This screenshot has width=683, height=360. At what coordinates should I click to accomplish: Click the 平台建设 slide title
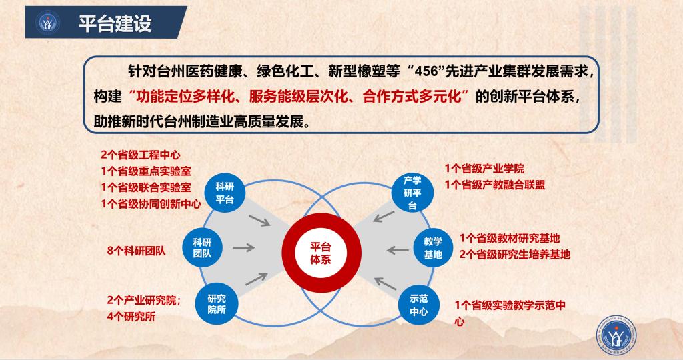[x=115, y=23]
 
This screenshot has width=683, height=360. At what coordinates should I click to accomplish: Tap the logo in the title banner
[x=48, y=23]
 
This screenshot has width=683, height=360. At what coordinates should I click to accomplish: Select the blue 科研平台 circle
[x=225, y=193]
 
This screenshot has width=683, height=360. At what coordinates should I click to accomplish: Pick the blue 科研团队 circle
[x=202, y=247]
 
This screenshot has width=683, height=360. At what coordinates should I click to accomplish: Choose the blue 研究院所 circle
[x=217, y=304]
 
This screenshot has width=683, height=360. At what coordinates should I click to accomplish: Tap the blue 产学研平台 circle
[x=412, y=193]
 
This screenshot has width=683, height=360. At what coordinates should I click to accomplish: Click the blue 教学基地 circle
[x=433, y=248]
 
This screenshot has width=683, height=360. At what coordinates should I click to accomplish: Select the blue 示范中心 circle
[x=419, y=305]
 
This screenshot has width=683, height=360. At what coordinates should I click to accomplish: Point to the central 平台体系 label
[x=321, y=253]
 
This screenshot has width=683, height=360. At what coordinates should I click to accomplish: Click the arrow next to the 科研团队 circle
[x=244, y=248]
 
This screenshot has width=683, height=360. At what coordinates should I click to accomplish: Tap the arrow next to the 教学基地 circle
[x=398, y=250]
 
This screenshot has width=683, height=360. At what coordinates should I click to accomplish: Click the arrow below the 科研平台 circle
[x=259, y=221]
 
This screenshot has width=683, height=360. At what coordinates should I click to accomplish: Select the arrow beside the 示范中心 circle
[x=385, y=283]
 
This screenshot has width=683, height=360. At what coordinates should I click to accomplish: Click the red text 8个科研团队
[x=136, y=251]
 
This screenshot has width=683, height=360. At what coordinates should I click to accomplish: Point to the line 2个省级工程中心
[x=140, y=155]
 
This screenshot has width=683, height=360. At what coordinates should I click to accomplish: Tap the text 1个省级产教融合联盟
[x=495, y=185]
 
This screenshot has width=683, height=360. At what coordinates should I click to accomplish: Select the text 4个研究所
[x=131, y=317]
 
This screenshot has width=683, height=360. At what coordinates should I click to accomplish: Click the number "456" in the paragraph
[x=426, y=71]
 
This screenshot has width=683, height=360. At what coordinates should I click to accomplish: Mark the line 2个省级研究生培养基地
[x=515, y=254]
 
